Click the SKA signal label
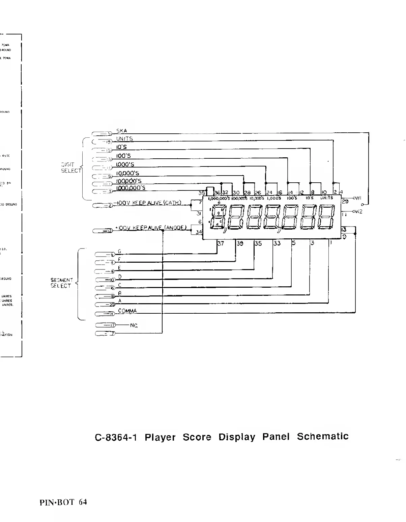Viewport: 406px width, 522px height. click(x=121, y=131)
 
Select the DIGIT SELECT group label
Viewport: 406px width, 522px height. click(x=71, y=167)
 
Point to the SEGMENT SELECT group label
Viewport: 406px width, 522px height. click(x=61, y=283)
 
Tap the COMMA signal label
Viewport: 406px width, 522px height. click(x=127, y=311)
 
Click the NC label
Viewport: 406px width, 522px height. click(x=134, y=325)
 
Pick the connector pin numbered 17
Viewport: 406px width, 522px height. click(x=113, y=325)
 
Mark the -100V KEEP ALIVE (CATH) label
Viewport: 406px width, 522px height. click(x=148, y=203)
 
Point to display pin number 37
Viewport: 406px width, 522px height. click(x=221, y=243)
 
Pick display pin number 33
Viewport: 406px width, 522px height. click(x=277, y=243)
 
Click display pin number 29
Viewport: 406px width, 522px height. click(x=345, y=202)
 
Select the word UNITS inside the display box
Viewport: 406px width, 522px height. click(x=326, y=198)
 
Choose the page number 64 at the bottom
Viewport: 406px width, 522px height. click(x=83, y=502)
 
